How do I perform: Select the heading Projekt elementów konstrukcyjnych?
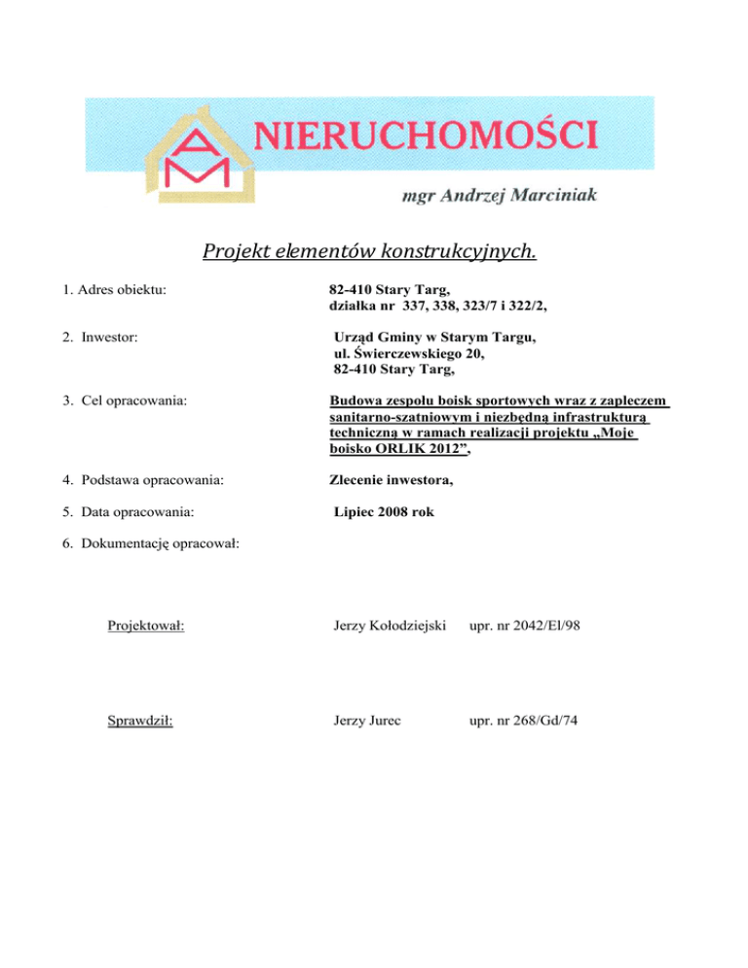point(370,252)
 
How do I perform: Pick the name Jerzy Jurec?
point(362,723)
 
